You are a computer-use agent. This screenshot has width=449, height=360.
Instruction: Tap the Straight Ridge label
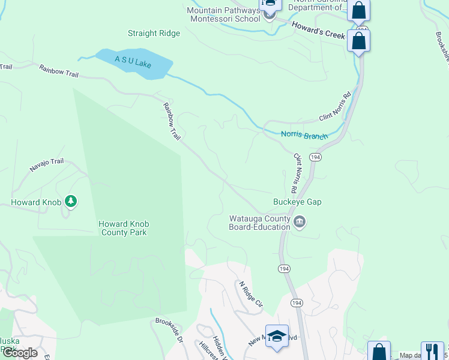[154, 34]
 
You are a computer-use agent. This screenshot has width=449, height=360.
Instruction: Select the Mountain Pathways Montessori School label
[223, 14]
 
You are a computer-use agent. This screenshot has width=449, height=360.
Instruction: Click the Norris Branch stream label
[304, 135]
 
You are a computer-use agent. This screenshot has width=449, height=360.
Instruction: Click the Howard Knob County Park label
[124, 228]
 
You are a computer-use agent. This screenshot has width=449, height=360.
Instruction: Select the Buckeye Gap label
[297, 202]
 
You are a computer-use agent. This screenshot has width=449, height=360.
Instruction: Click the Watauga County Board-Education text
[259, 223]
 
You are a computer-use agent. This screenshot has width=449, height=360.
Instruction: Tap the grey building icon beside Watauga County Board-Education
[300, 223]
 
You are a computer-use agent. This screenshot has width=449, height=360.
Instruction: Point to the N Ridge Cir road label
[252, 295]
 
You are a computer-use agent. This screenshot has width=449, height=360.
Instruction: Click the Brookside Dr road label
[169, 330]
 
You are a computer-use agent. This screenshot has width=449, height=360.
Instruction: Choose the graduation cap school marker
[277, 336]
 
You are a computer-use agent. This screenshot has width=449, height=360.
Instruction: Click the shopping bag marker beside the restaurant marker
[379, 352]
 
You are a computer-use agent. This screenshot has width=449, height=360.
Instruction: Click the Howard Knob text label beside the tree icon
[36, 202]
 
